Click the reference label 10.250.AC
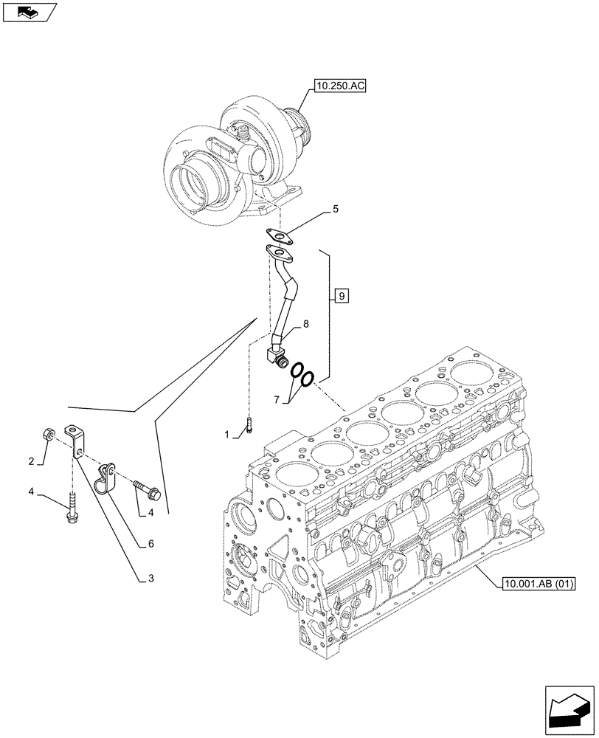tap(340, 86)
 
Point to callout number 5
tap(336, 210)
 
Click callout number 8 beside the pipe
tap(305, 324)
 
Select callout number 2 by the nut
tap(32, 462)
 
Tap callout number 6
tap(150, 544)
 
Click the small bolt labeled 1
tap(250, 425)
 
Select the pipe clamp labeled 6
tap(108, 475)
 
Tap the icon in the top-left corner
tap(29, 12)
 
